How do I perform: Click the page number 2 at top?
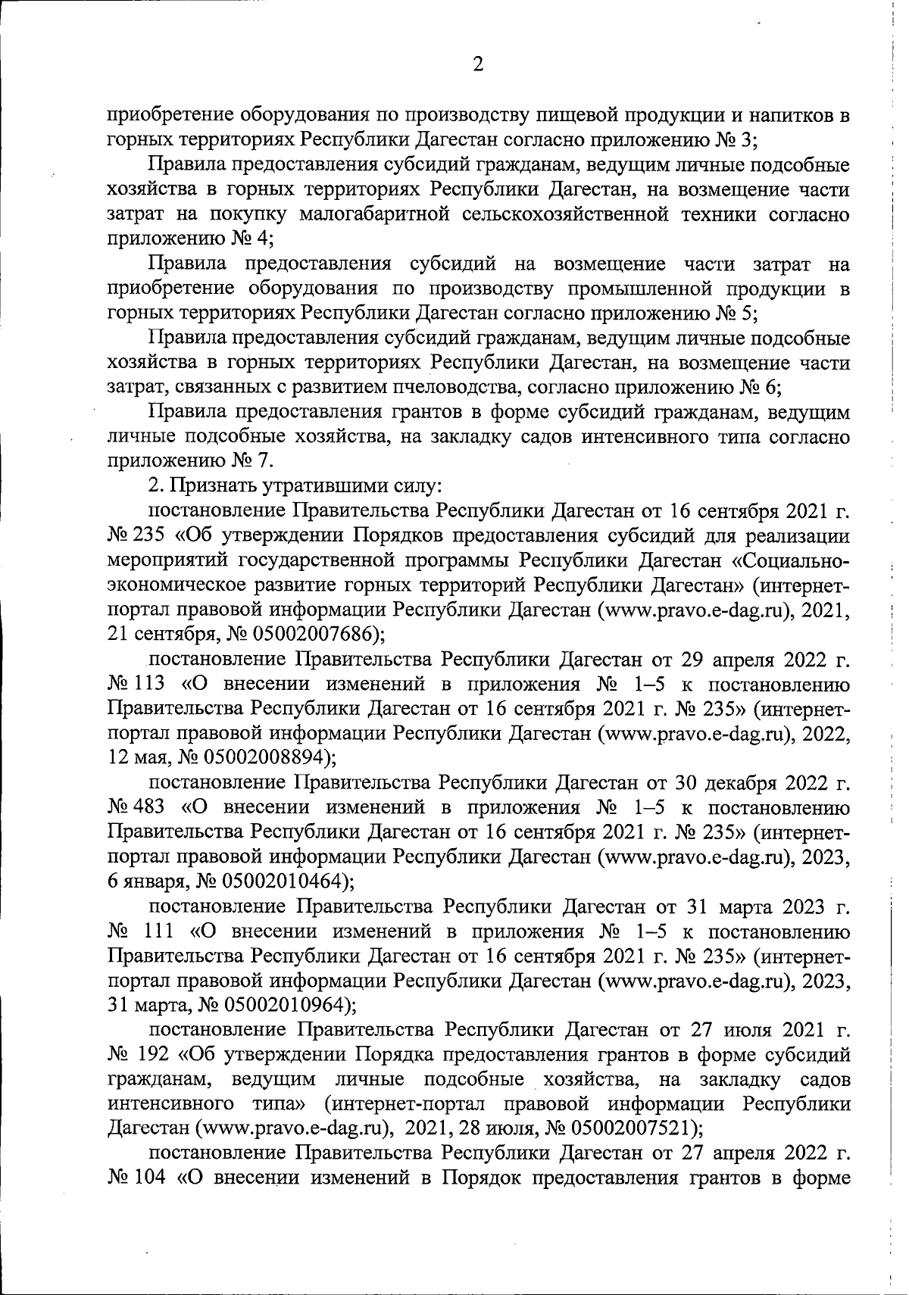[x=477, y=65]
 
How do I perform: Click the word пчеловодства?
[x=442, y=388]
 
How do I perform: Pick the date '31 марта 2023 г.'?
[x=767, y=906]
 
